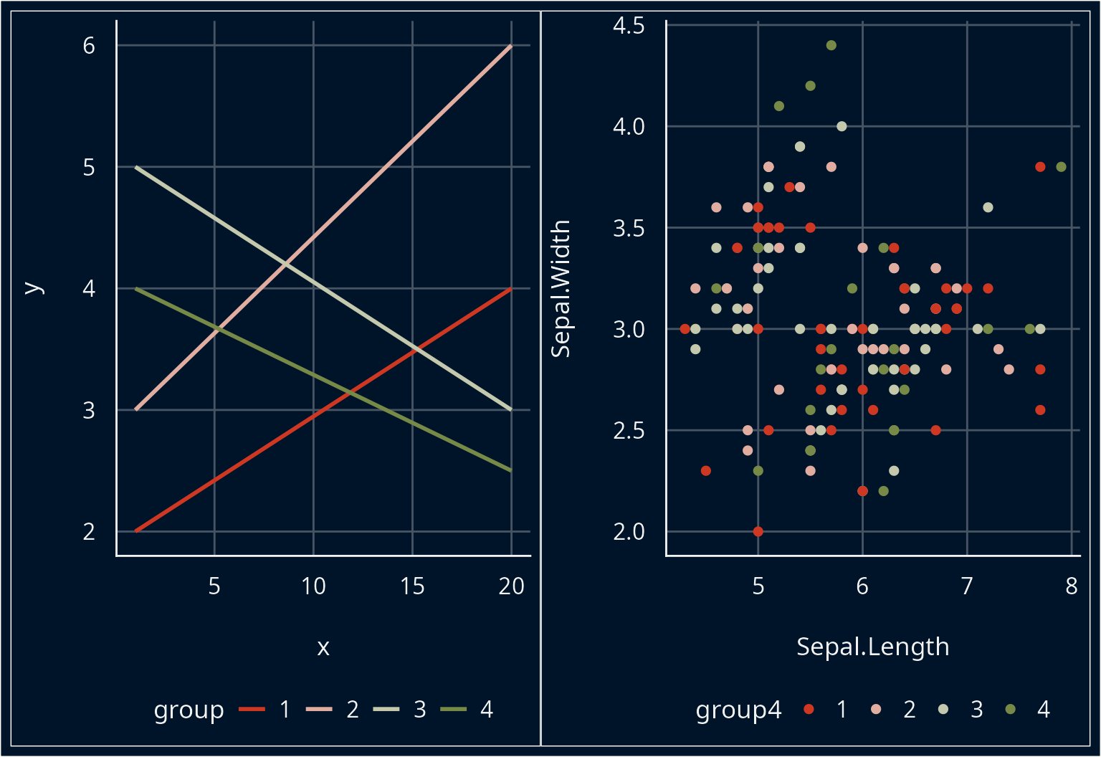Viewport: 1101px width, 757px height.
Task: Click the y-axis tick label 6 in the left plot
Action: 89,46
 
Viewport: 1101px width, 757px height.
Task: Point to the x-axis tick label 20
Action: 511,586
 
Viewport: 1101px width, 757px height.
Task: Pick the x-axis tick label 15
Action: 412,586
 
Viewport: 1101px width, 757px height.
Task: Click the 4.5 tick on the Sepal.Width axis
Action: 629,26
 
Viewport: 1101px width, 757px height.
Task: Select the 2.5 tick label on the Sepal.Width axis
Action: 629,431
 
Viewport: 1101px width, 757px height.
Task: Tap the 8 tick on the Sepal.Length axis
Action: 1071,586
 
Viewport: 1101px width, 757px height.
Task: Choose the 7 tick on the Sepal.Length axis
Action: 967,586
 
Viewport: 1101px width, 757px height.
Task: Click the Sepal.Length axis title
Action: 872,647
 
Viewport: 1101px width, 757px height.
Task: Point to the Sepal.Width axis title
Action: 561,288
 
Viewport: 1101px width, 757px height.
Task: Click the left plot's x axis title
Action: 323,647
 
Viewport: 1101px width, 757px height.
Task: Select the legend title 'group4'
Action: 738,710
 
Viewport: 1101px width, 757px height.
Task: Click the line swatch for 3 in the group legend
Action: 386,710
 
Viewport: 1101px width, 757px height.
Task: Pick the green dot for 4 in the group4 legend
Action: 1011,710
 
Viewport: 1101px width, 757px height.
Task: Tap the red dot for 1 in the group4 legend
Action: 809,710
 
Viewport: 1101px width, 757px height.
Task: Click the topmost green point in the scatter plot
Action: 831,45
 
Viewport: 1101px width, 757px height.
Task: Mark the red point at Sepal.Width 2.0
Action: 758,532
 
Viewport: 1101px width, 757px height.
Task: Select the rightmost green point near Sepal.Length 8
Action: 1061,167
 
